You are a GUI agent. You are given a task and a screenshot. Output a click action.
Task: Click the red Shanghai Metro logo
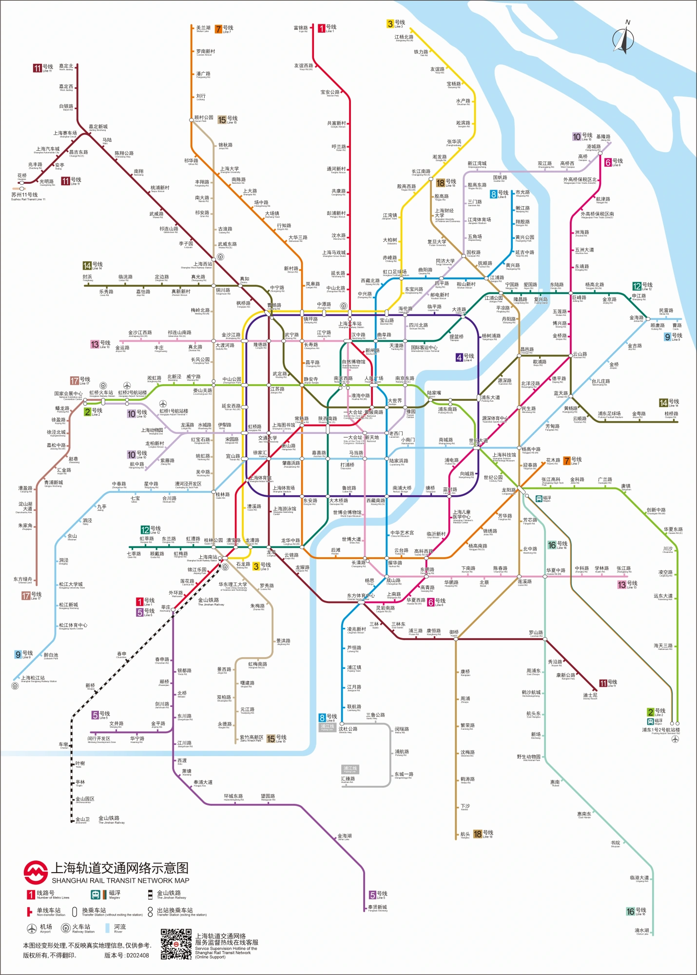point(36,873)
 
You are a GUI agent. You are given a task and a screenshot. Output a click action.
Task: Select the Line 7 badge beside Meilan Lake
point(218,29)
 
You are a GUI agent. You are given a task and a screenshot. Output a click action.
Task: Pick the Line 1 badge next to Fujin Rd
point(322,28)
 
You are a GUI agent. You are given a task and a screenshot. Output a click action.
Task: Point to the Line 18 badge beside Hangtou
point(478,834)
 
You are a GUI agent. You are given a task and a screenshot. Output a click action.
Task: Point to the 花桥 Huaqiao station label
point(22,176)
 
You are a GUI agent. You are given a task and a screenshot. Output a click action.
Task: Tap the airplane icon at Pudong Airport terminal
point(675,739)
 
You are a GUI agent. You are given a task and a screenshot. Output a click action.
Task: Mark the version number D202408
point(127,955)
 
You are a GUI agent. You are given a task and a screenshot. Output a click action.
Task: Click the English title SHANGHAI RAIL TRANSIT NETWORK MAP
point(120,881)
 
